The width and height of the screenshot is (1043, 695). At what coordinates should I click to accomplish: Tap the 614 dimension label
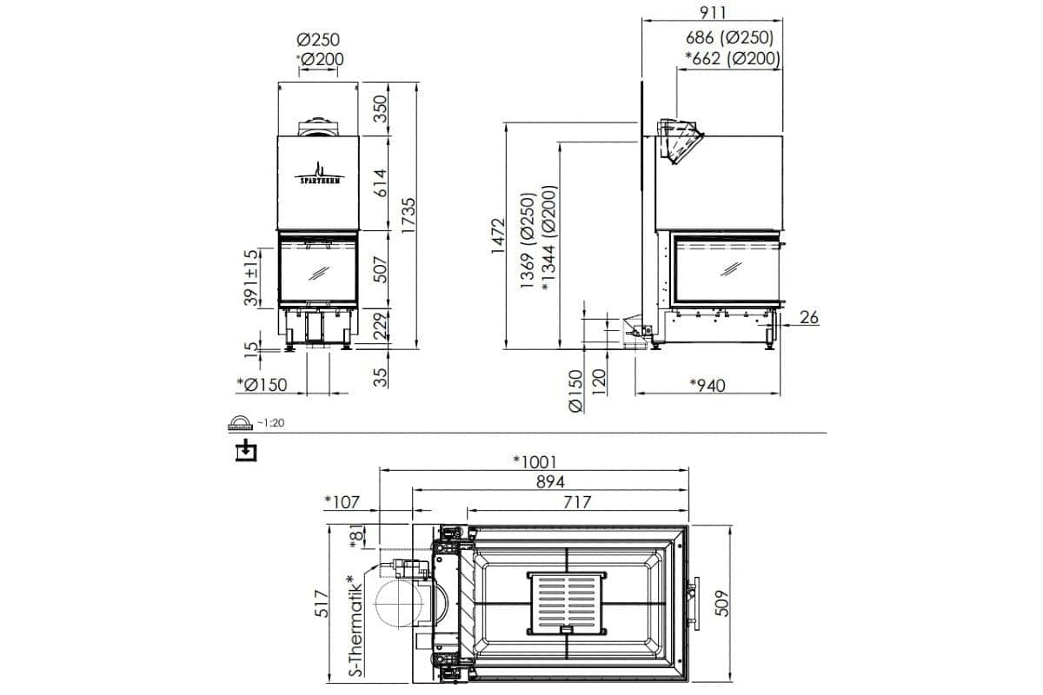point(379,183)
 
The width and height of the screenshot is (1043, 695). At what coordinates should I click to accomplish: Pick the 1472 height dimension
point(497,235)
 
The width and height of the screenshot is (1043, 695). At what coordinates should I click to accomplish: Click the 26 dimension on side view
point(808,318)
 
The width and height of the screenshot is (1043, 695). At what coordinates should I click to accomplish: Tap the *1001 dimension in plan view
point(534,460)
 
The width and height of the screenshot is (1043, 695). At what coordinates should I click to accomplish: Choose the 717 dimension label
point(576,501)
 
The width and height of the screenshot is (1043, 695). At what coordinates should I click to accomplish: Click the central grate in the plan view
point(566,602)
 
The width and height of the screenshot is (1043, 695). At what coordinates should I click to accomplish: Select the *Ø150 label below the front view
point(262,385)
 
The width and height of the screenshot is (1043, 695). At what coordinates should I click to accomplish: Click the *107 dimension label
point(341,501)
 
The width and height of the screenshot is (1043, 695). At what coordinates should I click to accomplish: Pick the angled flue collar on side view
point(680,140)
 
